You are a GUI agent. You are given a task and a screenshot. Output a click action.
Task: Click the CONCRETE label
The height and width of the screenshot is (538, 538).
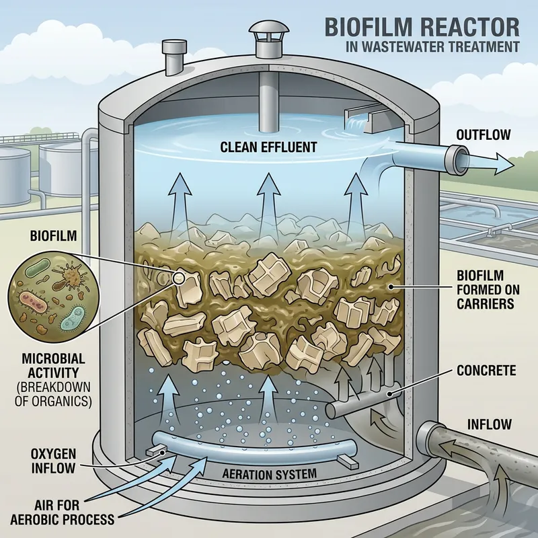click(x=486, y=371)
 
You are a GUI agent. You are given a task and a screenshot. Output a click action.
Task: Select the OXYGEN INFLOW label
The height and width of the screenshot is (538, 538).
click(x=53, y=460)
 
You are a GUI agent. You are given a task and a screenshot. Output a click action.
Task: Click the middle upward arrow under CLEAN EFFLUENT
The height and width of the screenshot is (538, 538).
click(x=269, y=195)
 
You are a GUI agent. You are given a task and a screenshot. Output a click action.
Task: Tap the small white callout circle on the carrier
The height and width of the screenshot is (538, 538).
click(x=179, y=276)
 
